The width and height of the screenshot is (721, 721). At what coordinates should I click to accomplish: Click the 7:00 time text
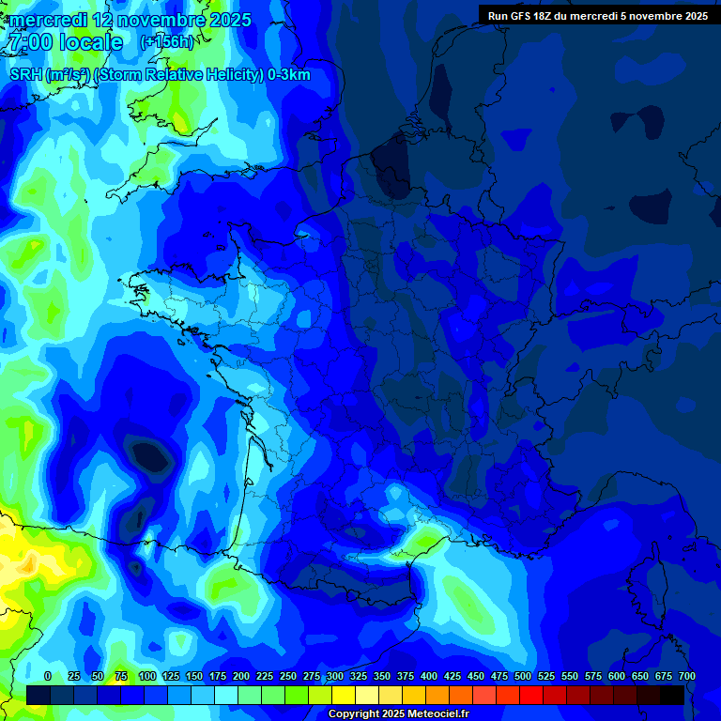pos(28,42)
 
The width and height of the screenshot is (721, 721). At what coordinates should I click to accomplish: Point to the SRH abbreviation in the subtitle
pos(25,75)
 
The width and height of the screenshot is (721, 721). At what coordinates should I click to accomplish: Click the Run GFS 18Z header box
pos(597,15)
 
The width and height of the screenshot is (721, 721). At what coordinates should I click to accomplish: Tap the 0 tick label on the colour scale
pos(48,676)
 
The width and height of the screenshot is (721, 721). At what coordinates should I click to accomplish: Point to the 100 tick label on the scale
pos(146,676)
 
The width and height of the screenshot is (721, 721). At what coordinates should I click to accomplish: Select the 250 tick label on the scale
pos(288,676)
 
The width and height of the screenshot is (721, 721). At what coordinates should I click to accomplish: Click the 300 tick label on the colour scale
pos(335,676)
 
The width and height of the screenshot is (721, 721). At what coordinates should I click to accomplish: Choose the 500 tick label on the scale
pos(523,676)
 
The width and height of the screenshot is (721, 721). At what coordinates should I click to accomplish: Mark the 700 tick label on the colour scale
pos(686,676)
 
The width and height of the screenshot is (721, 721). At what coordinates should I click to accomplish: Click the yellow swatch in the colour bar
pos(344,695)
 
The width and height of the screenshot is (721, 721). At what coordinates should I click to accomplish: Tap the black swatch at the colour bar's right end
pos(672,695)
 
